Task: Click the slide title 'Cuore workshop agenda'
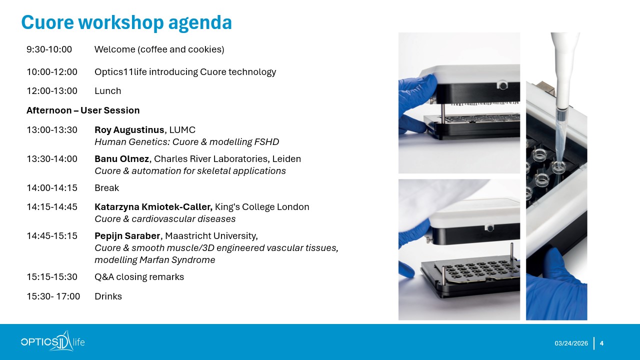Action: tap(126, 22)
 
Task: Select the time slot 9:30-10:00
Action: tap(49, 49)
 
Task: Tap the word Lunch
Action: tap(107, 91)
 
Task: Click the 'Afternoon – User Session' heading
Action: tap(83, 110)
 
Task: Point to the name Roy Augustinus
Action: tap(129, 130)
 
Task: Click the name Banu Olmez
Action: tap(121, 159)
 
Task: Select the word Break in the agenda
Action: tap(106, 188)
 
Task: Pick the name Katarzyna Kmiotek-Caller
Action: tap(153, 207)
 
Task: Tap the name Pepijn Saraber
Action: tap(127, 236)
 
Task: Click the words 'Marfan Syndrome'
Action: tap(177, 260)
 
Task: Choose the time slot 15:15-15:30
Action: tap(52, 277)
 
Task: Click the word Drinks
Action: tap(108, 296)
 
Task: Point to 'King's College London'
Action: tap(262, 207)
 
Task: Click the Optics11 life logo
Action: tap(53, 341)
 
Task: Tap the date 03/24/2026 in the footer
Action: tap(571, 343)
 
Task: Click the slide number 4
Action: tap(601, 343)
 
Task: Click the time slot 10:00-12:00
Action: tap(52, 71)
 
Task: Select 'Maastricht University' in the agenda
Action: tap(210, 236)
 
